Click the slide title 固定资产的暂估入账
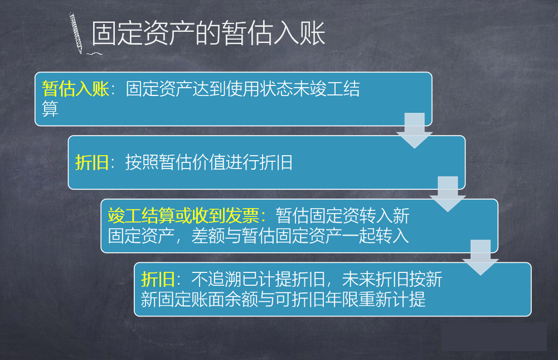(208, 33)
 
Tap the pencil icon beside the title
(76, 33)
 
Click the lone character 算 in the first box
(50, 109)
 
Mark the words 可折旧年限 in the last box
(317, 299)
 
